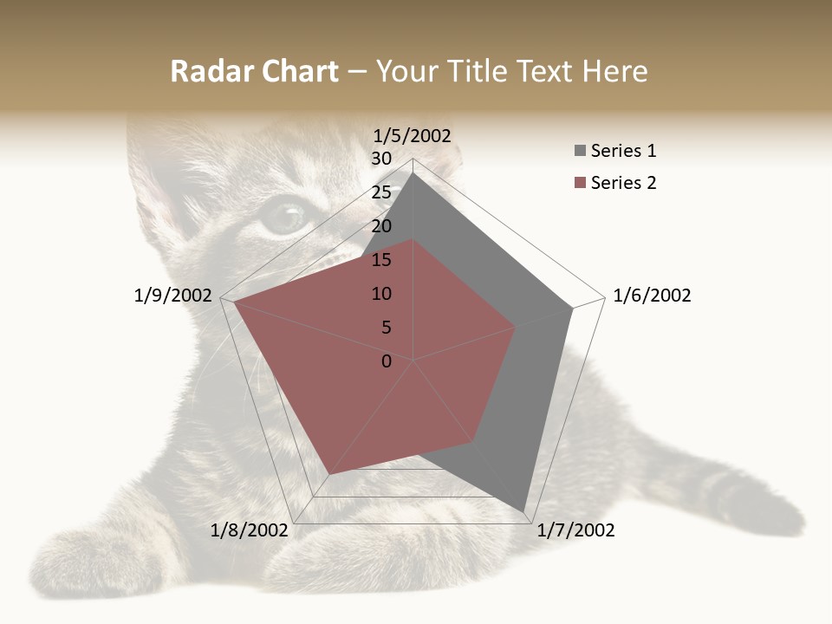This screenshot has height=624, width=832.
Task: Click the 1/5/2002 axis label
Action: pos(413,135)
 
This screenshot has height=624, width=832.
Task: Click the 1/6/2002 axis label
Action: pos(652,296)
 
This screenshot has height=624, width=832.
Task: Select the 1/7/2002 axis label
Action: pos(575,530)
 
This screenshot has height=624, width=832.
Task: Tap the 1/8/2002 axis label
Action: pos(250,530)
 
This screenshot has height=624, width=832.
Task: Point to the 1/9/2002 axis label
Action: pos(173,296)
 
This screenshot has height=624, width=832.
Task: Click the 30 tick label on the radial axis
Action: pos(381,159)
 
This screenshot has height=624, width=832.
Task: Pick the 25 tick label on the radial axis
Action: pos(381,192)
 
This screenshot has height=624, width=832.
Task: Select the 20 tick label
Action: pos(381,226)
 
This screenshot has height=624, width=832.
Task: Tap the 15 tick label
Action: pos(381,260)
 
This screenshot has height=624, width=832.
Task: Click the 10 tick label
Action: pos(381,294)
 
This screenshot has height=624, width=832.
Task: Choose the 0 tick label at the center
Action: pos(387,361)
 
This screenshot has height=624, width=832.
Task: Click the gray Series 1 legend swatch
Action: pos(580,152)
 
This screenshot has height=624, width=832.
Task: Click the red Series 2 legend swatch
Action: pos(580,183)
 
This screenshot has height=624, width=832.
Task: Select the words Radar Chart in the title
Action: pos(254,71)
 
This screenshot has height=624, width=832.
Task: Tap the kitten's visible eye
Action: pos(283,216)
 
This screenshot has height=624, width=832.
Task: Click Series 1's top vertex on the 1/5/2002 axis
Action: pos(413,172)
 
